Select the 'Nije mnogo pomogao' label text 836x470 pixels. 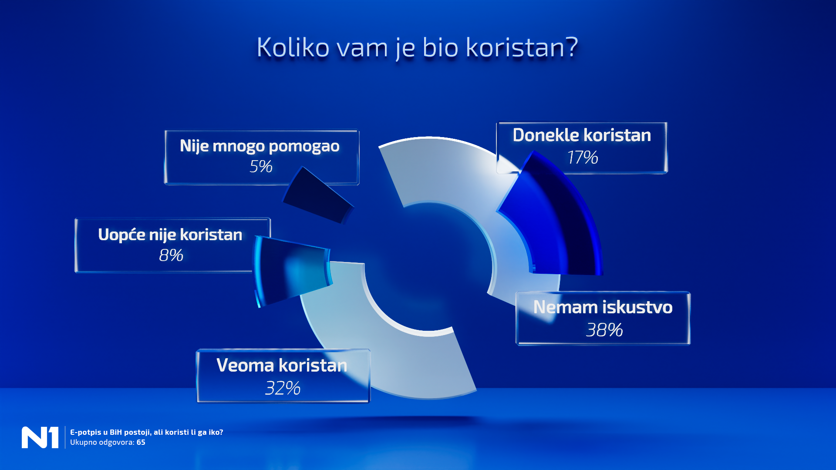260,146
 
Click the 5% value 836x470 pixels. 261,166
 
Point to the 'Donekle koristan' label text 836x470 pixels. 582,135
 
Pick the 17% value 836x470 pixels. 582,157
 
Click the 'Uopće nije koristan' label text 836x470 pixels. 170,235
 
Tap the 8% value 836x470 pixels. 171,255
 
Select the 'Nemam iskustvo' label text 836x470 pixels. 603,307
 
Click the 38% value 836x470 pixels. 604,330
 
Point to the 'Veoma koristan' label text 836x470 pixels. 282,365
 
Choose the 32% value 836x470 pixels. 283,388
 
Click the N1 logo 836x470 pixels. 40,437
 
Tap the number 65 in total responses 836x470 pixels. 141,442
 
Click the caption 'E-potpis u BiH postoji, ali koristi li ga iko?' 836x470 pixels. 146,432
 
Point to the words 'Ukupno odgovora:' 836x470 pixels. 102,442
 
